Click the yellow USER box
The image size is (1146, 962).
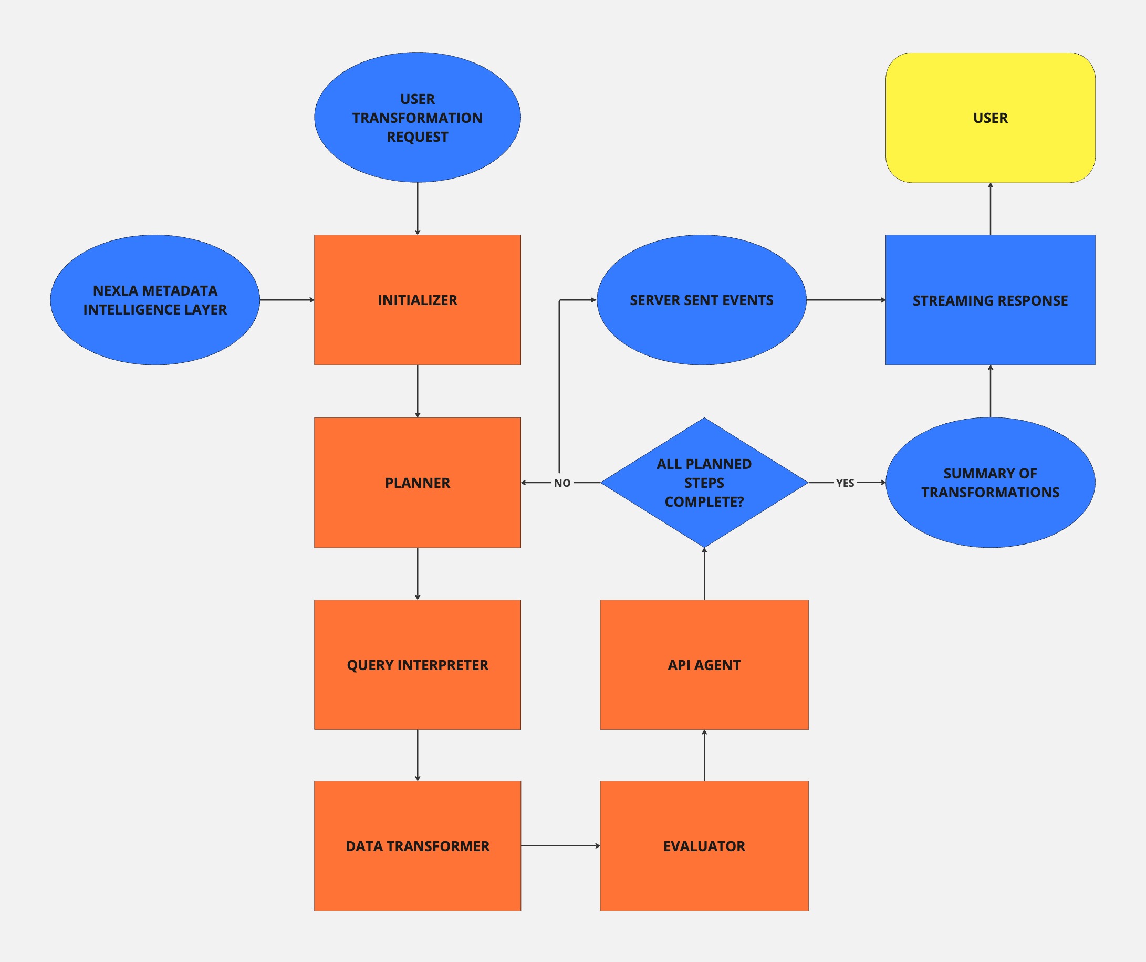point(990,117)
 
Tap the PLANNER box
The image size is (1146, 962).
point(418,483)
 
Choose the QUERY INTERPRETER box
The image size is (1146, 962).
point(418,665)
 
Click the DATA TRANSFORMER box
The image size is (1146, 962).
point(418,846)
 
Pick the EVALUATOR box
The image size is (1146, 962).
point(704,846)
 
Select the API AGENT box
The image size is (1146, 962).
point(704,665)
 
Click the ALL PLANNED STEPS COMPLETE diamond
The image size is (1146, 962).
point(704,483)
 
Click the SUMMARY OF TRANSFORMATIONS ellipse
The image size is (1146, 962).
point(990,483)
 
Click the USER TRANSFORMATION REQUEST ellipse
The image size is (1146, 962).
point(418,117)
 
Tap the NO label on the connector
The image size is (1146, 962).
point(562,483)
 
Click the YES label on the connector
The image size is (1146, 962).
point(845,483)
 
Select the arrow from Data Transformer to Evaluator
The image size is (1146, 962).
point(560,846)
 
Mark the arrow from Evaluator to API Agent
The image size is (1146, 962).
point(704,755)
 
